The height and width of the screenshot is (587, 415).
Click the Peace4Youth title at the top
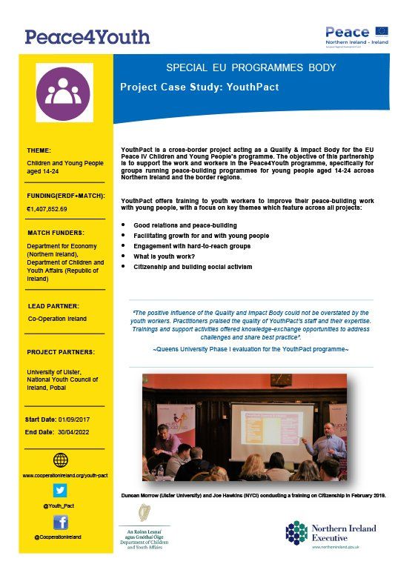pyautogui.click(x=87, y=36)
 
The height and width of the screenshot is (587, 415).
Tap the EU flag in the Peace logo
pyautogui.click(x=382, y=31)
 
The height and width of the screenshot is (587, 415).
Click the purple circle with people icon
pyautogui.click(x=66, y=93)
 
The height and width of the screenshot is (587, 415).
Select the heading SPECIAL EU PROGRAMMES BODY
pyautogui.click(x=250, y=68)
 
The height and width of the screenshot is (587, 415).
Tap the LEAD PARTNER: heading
pyautogui.click(x=54, y=305)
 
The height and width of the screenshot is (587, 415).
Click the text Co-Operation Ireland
pyautogui.click(x=57, y=319)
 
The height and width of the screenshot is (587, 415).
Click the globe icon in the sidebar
pyautogui.click(x=61, y=461)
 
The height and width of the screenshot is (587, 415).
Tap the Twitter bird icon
pyautogui.click(x=61, y=489)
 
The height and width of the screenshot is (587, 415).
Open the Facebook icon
pyautogui.click(x=61, y=522)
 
